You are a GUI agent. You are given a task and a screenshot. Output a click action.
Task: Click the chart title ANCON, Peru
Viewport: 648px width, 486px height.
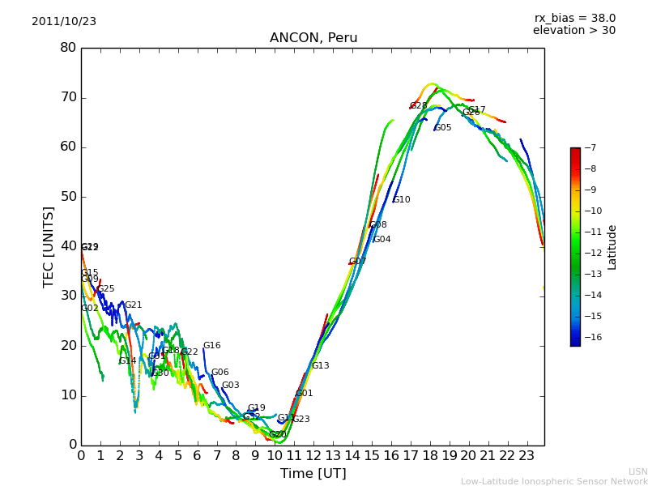[313, 38]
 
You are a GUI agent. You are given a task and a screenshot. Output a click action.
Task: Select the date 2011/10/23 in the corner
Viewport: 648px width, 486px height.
[64, 22]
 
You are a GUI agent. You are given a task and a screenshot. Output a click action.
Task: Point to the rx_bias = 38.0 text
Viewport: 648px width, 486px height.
[574, 18]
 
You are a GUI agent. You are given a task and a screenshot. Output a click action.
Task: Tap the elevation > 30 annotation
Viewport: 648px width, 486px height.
[573, 31]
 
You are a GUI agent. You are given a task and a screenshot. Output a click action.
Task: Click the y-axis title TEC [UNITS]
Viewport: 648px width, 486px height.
[49, 247]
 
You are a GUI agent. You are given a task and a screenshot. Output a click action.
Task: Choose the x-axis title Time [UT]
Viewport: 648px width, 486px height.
[313, 473]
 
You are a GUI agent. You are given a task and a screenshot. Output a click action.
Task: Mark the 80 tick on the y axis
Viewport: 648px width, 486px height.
[68, 48]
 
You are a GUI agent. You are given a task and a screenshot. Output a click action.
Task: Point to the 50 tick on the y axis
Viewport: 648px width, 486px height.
[68, 197]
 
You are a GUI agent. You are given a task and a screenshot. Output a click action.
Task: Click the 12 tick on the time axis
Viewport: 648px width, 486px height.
[313, 455]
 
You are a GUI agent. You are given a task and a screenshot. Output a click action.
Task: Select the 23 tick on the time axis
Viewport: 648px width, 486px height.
[526, 455]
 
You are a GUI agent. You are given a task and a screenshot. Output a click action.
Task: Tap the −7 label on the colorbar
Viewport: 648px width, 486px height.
[590, 147]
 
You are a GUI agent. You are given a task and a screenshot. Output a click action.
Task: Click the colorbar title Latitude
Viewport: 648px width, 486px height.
[612, 247]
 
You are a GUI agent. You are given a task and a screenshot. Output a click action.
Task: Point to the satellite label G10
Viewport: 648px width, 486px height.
[402, 200]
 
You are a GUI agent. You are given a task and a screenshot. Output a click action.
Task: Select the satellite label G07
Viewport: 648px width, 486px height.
[357, 262]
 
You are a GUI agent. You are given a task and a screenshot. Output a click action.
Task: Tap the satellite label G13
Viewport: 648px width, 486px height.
[321, 366]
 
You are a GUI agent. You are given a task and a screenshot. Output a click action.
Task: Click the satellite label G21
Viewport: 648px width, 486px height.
[133, 305]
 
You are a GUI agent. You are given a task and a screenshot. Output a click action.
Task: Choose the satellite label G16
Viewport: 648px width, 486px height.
[211, 346]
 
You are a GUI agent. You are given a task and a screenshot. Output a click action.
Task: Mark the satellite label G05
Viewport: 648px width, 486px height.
[443, 128]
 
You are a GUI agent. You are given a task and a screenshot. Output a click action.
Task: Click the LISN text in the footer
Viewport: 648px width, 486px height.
[637, 471]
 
